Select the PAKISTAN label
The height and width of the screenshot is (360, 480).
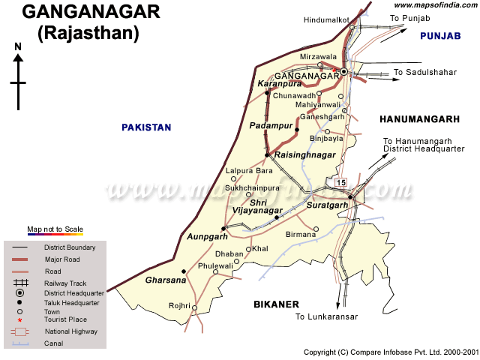click(x=146, y=127)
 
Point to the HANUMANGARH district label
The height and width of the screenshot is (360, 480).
click(x=419, y=119)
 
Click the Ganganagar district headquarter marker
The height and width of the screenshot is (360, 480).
click(x=343, y=72)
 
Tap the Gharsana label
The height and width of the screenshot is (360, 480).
click(x=166, y=280)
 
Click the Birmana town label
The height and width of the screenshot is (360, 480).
click(x=301, y=234)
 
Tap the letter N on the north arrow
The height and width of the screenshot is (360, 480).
click(x=18, y=47)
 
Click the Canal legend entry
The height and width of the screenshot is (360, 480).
click(x=53, y=343)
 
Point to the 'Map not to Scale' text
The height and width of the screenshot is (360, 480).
click(x=55, y=229)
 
